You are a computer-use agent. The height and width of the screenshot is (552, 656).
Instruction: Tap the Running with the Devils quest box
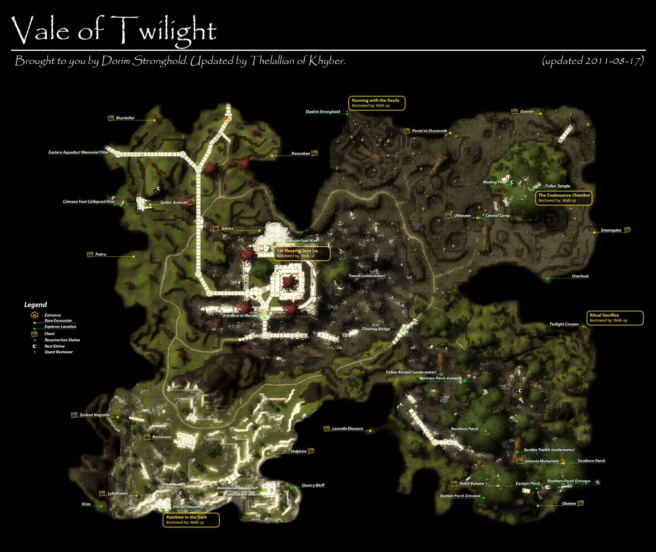click(x=376, y=103)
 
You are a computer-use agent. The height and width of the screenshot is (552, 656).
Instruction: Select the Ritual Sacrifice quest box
click(x=615, y=318)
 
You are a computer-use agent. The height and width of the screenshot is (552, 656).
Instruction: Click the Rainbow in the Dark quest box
click(x=191, y=520)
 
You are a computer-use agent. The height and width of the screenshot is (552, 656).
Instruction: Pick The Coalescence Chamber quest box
click(x=563, y=198)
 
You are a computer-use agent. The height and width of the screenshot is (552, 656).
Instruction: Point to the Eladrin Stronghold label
click(x=323, y=112)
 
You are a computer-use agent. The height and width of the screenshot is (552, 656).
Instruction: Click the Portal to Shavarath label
click(x=429, y=131)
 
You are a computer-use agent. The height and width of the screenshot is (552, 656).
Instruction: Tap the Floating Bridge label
click(x=376, y=329)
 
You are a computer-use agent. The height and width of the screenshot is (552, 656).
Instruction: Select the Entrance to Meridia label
click(x=241, y=316)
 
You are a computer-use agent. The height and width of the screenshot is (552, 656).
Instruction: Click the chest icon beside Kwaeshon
click(x=314, y=153)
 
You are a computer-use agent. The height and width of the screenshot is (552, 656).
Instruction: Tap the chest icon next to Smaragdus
click(x=627, y=230)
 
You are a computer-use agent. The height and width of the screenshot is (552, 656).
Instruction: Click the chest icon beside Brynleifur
click(x=111, y=118)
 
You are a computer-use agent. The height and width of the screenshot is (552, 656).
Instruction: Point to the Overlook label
click(x=580, y=276)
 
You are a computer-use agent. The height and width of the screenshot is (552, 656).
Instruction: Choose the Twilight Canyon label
click(x=564, y=324)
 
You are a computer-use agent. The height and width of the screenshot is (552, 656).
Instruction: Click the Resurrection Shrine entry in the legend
click(x=62, y=340)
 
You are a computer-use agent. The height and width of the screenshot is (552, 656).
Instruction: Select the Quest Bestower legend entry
click(x=59, y=352)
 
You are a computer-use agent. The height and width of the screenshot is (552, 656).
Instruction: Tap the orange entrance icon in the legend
click(x=34, y=315)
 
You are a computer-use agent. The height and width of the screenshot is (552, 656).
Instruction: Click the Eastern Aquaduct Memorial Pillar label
click(x=78, y=152)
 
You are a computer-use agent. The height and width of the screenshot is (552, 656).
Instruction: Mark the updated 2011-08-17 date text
click(x=593, y=61)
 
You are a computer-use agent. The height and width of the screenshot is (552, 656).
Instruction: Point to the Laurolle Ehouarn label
click(x=347, y=429)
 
